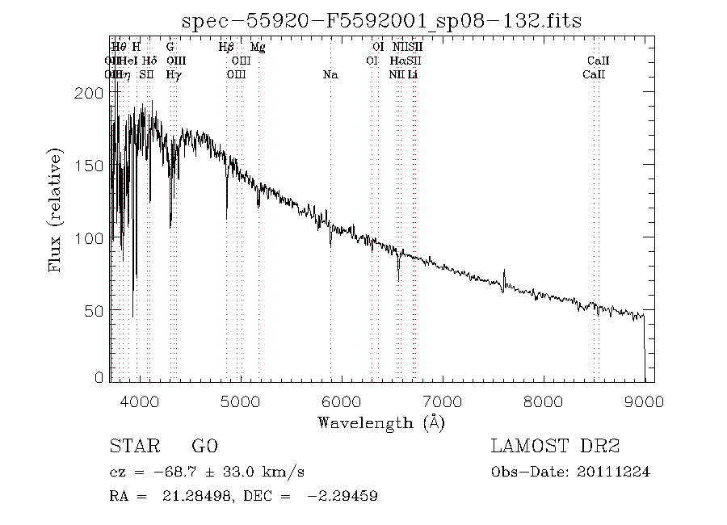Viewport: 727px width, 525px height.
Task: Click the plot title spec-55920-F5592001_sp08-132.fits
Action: (x=382, y=20)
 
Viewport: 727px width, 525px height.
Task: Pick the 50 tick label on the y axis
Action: (x=95, y=311)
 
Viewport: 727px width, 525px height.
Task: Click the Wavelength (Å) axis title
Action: (x=381, y=422)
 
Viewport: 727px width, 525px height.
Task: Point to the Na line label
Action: (x=330, y=75)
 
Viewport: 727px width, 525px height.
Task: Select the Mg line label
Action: (x=258, y=48)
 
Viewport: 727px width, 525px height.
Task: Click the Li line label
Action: (x=412, y=75)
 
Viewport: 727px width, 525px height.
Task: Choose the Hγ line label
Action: (x=173, y=75)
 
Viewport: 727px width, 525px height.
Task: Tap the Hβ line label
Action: (x=226, y=48)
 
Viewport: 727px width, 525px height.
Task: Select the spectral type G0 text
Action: (x=204, y=447)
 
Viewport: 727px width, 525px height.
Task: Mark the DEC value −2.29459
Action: (x=342, y=495)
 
